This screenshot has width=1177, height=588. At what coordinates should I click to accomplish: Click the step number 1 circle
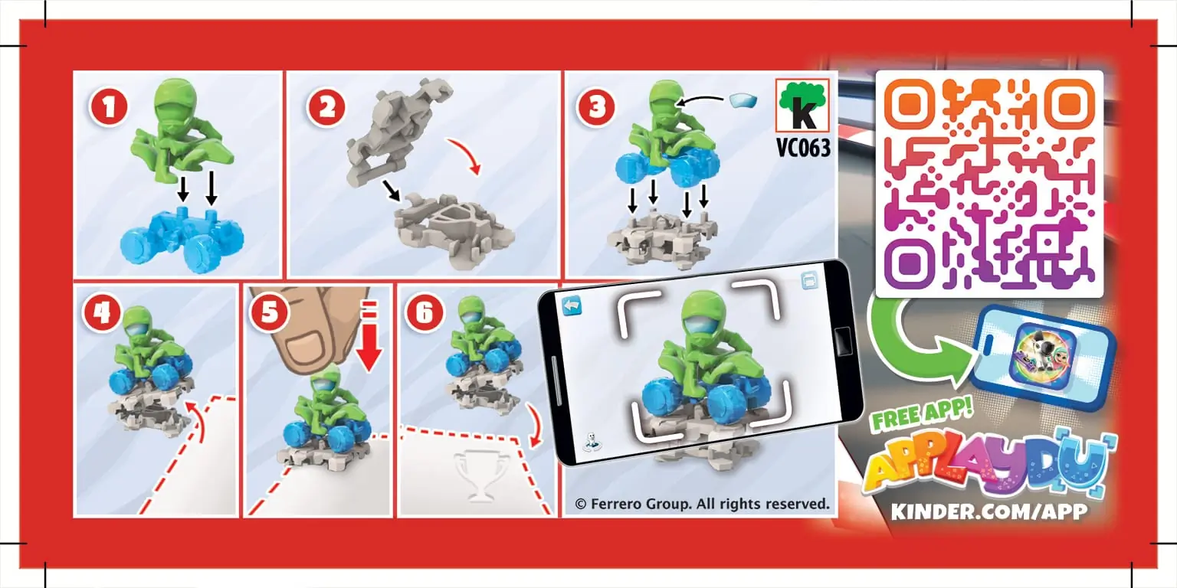(109, 108)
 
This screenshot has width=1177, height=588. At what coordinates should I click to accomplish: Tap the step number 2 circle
(326, 108)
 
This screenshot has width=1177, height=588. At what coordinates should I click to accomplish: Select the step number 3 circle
(596, 108)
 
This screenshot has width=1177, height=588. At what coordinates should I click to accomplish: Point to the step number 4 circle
(101, 313)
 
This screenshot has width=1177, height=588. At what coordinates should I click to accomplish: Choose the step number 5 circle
(269, 313)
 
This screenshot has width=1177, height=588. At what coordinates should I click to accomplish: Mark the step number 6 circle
(425, 313)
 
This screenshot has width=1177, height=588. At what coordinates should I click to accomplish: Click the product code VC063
(803, 148)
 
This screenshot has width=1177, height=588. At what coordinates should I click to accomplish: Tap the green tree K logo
(802, 106)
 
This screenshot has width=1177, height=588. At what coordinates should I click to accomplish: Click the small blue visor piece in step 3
(743, 101)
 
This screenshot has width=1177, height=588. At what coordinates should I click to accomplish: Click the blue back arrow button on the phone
(572, 305)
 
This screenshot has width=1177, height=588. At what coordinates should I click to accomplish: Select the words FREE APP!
(922, 413)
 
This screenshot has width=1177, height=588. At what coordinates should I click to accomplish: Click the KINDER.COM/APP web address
(989, 511)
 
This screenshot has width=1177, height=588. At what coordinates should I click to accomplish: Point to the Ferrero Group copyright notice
(702, 504)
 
